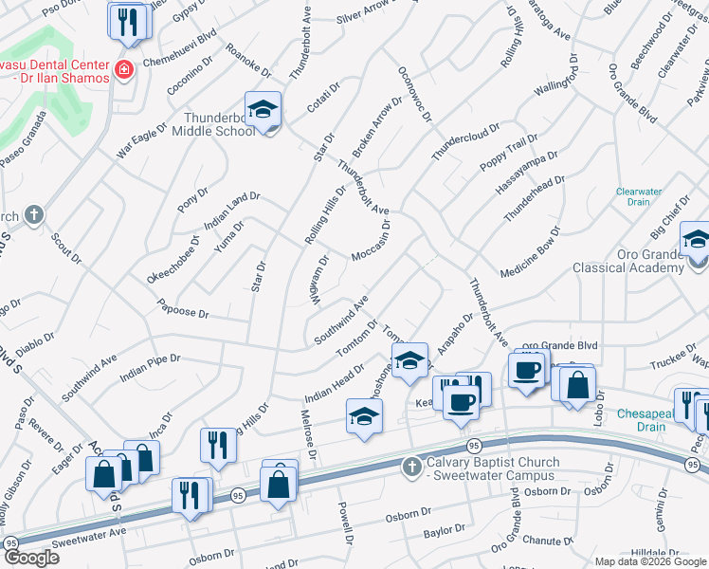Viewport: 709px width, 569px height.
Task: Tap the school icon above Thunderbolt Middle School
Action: click(264, 109)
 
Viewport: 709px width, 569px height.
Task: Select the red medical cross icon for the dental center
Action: click(122, 69)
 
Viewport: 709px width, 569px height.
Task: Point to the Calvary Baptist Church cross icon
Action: click(411, 467)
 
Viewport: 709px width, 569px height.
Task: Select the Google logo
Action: click(30, 558)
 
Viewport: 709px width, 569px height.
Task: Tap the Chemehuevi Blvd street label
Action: click(180, 56)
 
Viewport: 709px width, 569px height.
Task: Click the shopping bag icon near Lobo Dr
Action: click(576, 384)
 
